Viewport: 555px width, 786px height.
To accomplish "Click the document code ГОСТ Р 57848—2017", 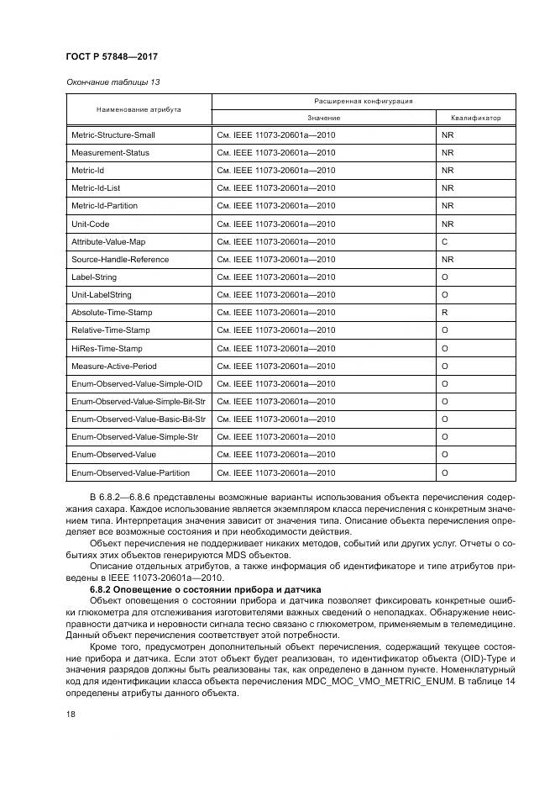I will tap(112, 56).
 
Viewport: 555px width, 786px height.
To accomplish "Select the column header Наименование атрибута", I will tap(138, 109).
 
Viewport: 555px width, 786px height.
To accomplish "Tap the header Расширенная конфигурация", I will tap(363, 101).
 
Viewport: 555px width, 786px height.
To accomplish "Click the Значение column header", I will tap(323, 118).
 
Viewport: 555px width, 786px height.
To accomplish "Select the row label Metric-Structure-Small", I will tap(113, 135).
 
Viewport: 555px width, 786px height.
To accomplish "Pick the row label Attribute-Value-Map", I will tap(108, 241).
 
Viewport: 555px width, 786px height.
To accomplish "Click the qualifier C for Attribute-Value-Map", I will tap(444, 241).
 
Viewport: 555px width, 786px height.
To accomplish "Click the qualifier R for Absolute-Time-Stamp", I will tap(444, 313).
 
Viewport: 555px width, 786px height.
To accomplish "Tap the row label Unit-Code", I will tap(91, 224).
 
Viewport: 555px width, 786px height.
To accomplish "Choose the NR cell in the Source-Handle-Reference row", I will tap(447, 260).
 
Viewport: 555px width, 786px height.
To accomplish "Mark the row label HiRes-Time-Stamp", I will tap(107, 348).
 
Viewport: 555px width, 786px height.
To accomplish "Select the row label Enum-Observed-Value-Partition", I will tap(130, 472).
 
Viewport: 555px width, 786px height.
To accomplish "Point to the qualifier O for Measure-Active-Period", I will tap(444, 366).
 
